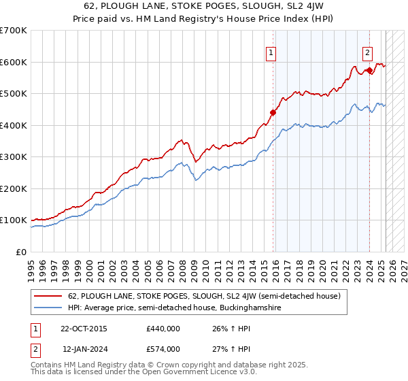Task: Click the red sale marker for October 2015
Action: pos(273,112)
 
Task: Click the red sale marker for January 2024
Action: pos(369,70)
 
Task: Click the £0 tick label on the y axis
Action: pos(22,252)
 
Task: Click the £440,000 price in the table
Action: pos(163,329)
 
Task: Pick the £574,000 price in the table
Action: pos(163,349)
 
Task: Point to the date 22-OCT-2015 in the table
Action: pos(84,329)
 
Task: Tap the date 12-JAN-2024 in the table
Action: pos(84,349)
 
